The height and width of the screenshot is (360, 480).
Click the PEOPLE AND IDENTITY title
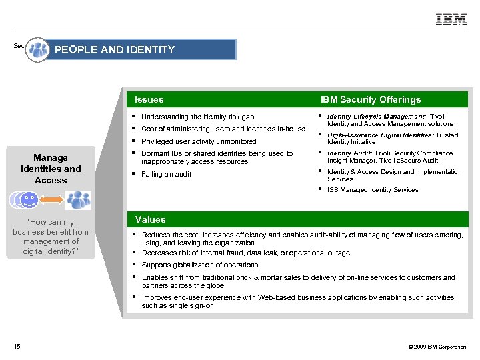pyautogui.click(x=114, y=49)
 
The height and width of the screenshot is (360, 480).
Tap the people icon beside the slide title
pyautogui.click(x=39, y=50)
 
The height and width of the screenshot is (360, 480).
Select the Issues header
pyautogui.click(x=149, y=99)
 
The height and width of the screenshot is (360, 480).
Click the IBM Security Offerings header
pyautogui.click(x=371, y=99)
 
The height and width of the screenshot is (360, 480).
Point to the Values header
pyautogui.click(x=150, y=219)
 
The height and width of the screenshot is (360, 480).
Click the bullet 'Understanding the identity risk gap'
pyautogui.click(x=197, y=117)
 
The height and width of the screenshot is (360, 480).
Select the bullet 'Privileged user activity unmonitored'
pyautogui.click(x=199, y=141)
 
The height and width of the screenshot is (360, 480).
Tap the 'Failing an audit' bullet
pyautogui.click(x=166, y=174)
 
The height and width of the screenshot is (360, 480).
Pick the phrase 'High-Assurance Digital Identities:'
pyautogui.click(x=380, y=135)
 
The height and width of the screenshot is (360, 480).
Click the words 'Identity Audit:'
pyautogui.click(x=349, y=153)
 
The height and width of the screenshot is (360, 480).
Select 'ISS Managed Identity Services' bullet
pyautogui.click(x=373, y=190)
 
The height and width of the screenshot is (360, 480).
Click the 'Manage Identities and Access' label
pyautogui.click(x=51, y=169)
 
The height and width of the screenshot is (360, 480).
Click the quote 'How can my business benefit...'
pyautogui.click(x=51, y=237)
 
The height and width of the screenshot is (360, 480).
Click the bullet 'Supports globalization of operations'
pyautogui.click(x=200, y=265)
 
